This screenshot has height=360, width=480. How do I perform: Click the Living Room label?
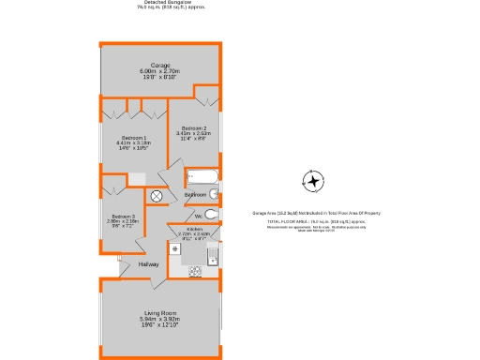tap(161, 313)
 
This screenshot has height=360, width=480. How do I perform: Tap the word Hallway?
tap(149, 264)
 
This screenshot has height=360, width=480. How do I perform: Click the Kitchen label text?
tap(194, 229)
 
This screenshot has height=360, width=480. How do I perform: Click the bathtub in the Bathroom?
tap(202, 176)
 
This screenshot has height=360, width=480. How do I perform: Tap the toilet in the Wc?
tap(215, 215)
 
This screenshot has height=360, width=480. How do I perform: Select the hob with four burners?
tap(196, 272)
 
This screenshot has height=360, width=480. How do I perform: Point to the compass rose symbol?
tap(313, 180)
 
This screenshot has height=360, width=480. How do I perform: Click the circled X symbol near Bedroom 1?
tap(157, 195)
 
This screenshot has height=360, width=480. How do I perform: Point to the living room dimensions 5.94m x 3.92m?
tap(161, 320)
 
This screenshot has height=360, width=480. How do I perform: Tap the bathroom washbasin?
tap(214, 194)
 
